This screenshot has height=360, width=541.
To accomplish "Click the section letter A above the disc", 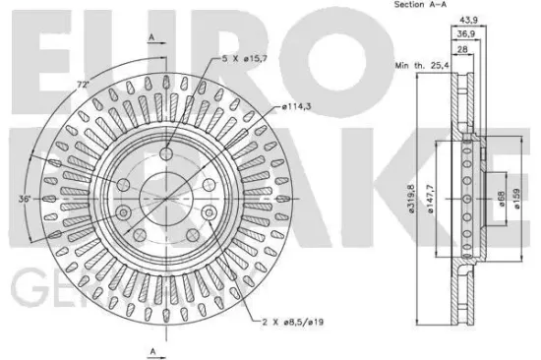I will [x=151, y=36].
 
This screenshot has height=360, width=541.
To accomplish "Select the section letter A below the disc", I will [x=151, y=349].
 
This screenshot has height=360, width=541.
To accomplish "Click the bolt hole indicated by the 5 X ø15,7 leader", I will [x=165, y=152].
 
